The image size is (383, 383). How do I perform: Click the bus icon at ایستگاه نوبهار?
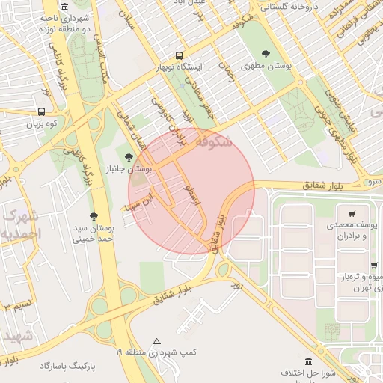pyautogui.click(x=178, y=55)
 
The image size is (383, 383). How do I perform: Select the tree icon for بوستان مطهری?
pyautogui.click(x=266, y=54)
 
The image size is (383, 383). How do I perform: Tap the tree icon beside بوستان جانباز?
pyautogui.click(x=129, y=157)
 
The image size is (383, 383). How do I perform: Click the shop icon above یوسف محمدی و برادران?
pyautogui.click(x=351, y=212)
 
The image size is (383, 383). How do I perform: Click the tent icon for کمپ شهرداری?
pyautogui.click(x=156, y=340)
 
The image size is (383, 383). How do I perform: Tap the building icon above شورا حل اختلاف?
pyautogui.click(x=307, y=361)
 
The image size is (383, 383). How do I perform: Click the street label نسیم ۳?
pyautogui.click(x=16, y=306)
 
